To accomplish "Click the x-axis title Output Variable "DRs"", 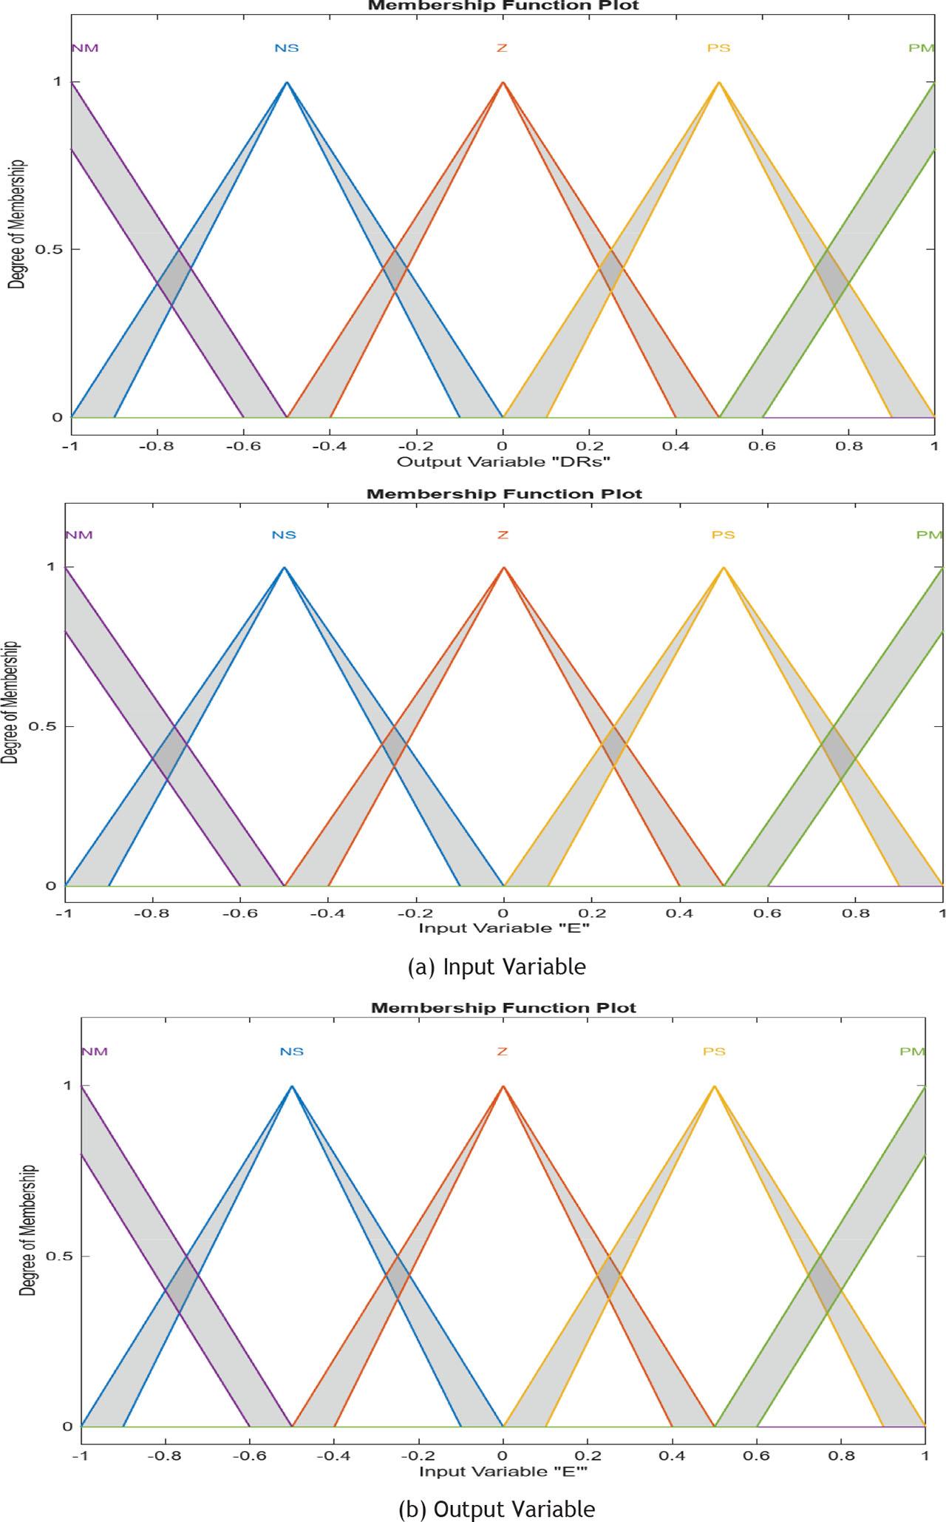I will (503, 461).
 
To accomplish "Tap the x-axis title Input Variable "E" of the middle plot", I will (504, 927).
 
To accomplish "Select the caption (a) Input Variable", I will (497, 966).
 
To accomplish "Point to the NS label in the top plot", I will (287, 49).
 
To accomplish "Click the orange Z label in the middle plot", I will (503, 535).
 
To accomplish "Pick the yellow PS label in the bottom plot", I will (714, 1051).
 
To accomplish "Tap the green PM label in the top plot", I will (922, 49).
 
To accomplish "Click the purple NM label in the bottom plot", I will (94, 1051).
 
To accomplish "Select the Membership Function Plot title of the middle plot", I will (504, 493).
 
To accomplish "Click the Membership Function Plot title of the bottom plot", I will (503, 1007).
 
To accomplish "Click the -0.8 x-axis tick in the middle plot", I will (152, 913).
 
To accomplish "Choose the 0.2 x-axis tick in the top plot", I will (589, 446).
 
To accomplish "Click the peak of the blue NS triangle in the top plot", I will (287, 81).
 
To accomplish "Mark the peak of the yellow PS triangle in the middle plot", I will (724, 567).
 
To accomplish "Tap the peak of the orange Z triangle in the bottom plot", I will (503, 1086).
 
